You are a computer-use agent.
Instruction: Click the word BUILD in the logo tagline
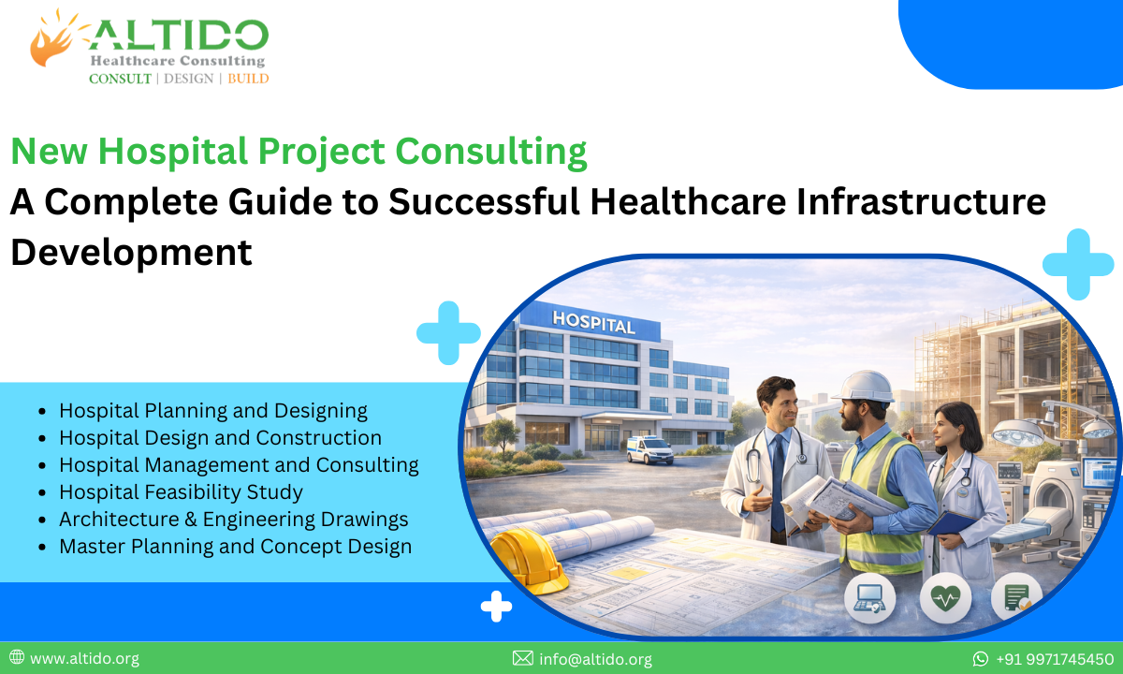[x=248, y=79]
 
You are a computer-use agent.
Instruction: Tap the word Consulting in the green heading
[x=491, y=152]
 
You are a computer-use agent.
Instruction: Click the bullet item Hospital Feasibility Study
[x=181, y=491]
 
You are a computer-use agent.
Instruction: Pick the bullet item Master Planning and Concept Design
[x=235, y=546]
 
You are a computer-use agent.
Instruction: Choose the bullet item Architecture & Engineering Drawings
[x=233, y=519]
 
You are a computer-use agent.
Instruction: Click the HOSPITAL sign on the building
[x=593, y=322]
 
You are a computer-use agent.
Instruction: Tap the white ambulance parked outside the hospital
[x=649, y=449]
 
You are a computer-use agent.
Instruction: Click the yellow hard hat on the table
[x=527, y=558]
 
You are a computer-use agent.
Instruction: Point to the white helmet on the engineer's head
[x=863, y=386]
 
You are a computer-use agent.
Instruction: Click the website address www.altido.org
[x=84, y=659]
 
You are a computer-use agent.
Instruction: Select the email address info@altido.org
[x=595, y=659]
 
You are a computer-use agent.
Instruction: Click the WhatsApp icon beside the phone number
[x=981, y=659]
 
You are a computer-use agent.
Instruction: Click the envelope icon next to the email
[x=522, y=659]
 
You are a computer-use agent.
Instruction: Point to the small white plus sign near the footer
[x=496, y=607]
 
